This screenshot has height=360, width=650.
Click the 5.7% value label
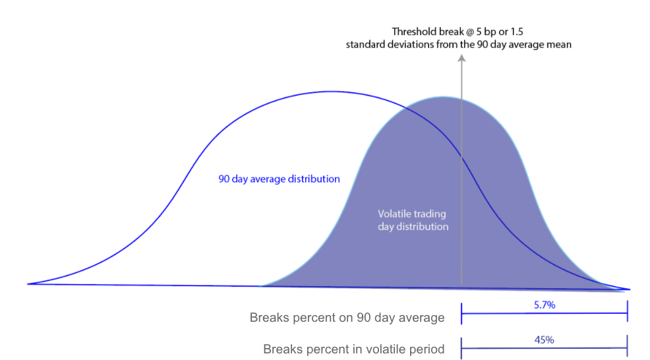coord(545,305)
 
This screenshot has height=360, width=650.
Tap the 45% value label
coord(545,340)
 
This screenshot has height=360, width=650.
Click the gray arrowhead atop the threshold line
coord(461,59)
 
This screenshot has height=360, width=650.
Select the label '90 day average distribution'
coord(279,179)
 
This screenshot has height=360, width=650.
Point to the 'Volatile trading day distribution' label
coord(413,220)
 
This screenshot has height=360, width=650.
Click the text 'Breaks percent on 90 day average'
coord(347,318)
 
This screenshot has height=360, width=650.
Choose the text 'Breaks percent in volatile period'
coord(353,349)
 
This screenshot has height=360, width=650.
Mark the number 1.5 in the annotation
coord(517,32)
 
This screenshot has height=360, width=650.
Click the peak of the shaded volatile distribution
coord(444,97)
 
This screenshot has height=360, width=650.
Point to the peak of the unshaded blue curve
coord(332,92)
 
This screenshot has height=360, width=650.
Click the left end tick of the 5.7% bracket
coord(461,314)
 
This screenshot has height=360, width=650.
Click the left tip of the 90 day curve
coord(28,284)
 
